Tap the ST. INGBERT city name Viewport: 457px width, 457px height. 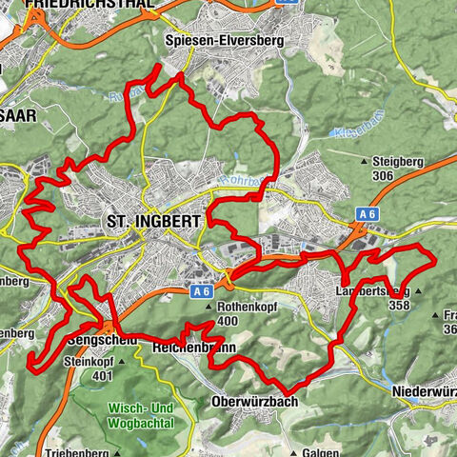coord(152,222)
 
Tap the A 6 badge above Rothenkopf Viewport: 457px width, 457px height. coord(200,293)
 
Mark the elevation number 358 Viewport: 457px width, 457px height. coord(400,305)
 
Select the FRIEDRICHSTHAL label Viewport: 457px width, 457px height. coord(90,5)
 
